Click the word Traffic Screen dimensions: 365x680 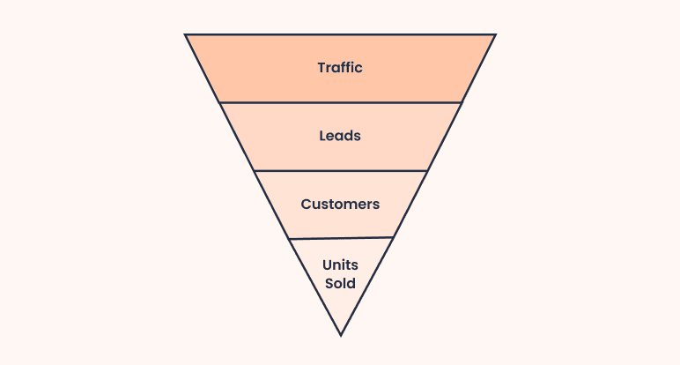340,68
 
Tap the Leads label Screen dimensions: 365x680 340,137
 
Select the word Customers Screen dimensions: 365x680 340,205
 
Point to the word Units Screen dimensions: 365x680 340,264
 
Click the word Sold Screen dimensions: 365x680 340,284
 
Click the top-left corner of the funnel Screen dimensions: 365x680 186,35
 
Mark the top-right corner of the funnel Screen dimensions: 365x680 495,35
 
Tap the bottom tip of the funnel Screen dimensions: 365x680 340,334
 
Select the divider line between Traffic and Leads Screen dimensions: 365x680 340,102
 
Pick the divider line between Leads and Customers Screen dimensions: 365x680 340,170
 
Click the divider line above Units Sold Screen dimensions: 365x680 340,238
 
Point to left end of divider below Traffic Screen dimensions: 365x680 220,102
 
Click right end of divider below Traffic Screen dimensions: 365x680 461,102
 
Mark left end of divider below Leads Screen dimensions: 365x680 255,170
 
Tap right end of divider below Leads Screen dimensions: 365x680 426,170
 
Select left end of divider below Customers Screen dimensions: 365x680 289,239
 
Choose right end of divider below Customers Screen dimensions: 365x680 392,237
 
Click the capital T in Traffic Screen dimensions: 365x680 322,68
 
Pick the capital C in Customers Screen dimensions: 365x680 306,205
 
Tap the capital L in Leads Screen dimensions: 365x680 322,137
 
